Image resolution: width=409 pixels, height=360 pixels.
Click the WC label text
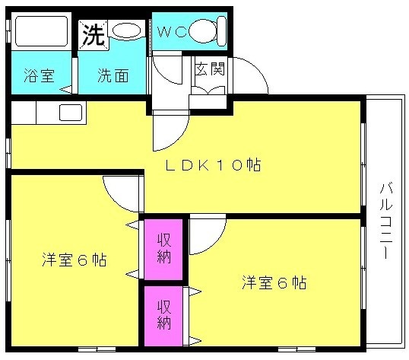tap(172, 32)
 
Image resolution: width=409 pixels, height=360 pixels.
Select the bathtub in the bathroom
tap(41, 31)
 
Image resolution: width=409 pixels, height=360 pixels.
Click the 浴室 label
tap(39, 75)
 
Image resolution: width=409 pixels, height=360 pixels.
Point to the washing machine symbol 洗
tap(94, 35)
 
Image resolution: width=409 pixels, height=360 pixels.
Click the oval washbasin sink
tap(126, 30)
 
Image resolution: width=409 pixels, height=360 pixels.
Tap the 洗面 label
tap(113, 75)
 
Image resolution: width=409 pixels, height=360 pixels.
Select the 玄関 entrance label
tap(210, 69)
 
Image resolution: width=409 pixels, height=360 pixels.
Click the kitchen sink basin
tap(71, 113)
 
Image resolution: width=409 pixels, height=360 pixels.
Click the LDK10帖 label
tap(213, 165)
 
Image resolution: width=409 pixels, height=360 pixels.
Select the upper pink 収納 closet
tap(163, 249)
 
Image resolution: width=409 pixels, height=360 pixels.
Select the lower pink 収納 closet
tap(163, 316)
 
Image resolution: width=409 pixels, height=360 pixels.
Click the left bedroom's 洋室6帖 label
tap(75, 260)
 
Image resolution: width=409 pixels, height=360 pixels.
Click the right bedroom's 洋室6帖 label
tap(274, 282)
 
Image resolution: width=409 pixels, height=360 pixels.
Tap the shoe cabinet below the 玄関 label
tap(208, 102)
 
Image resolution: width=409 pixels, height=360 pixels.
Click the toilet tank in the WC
tap(222, 30)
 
